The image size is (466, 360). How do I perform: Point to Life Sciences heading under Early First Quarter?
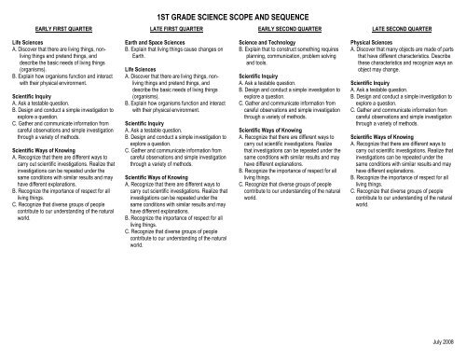pos(29,43)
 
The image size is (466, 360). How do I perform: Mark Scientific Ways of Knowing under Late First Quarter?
pos(160,175)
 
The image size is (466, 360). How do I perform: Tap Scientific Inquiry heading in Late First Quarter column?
pos(148,121)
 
